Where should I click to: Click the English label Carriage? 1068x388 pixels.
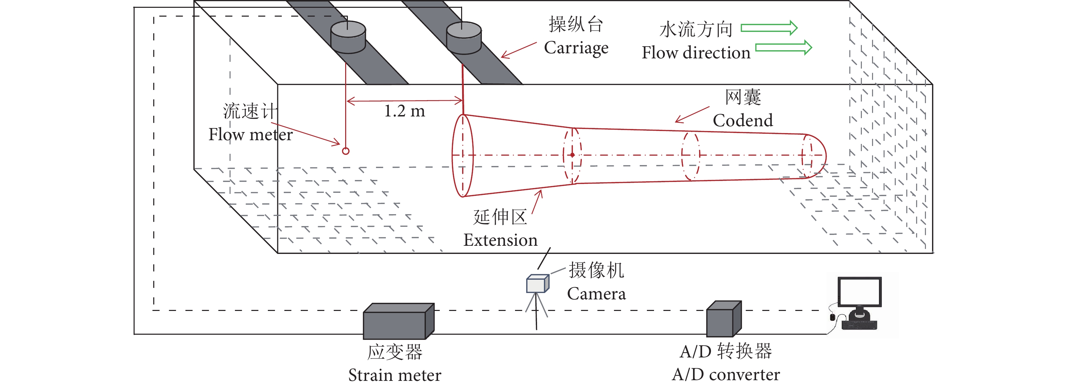pyautogui.click(x=576, y=48)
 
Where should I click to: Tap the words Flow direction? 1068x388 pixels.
pyautogui.click(x=696, y=53)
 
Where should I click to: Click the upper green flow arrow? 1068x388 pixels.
pyautogui.click(x=769, y=28)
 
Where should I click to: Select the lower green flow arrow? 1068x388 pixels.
pyautogui.click(x=783, y=48)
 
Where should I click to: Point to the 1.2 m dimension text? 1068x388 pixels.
pyautogui.click(x=404, y=111)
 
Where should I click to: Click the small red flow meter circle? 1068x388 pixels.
pyautogui.click(x=345, y=151)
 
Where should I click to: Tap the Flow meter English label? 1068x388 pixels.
pyautogui.click(x=251, y=134)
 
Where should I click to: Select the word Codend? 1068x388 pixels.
pyautogui.click(x=743, y=121)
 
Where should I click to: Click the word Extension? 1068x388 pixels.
pyautogui.click(x=500, y=240)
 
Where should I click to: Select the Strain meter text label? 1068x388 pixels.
pyautogui.click(x=394, y=375)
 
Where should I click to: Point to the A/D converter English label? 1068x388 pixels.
pyautogui.click(x=726, y=374)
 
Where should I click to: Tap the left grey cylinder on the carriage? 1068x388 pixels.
pyautogui.click(x=348, y=37)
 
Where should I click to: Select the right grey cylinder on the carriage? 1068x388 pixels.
pyautogui.click(x=463, y=38)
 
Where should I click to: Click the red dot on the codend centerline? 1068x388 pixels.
pyautogui.click(x=572, y=155)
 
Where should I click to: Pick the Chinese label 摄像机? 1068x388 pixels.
pyautogui.click(x=596, y=271)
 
